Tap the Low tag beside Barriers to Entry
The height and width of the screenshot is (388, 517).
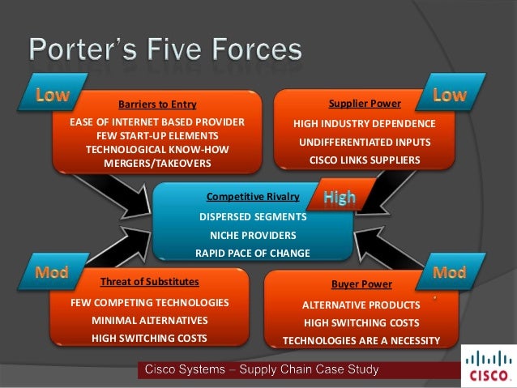[52, 95]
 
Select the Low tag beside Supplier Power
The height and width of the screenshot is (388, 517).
[450, 95]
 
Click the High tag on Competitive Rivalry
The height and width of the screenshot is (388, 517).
[339, 197]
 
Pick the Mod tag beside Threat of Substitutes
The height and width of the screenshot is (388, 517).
[50, 272]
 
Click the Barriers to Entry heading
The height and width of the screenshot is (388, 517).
[157, 104]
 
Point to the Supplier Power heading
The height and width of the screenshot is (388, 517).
[364, 104]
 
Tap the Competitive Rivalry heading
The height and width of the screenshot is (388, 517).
[253, 196]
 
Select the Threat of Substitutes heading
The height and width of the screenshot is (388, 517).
[149, 282]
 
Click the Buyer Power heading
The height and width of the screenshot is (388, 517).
[361, 284]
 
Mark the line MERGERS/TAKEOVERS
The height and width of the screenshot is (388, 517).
[157, 163]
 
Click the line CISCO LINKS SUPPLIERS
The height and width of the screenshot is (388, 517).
[365, 160]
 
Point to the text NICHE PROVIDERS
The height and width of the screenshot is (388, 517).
[253, 235]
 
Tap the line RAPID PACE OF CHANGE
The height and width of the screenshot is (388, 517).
[253, 253]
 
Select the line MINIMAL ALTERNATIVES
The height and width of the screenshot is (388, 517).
[149, 320]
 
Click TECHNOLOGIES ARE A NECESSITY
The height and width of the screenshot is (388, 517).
[361, 340]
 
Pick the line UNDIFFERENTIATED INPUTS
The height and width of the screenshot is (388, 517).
[365, 142]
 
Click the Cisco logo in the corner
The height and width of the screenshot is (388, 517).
[489, 366]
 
